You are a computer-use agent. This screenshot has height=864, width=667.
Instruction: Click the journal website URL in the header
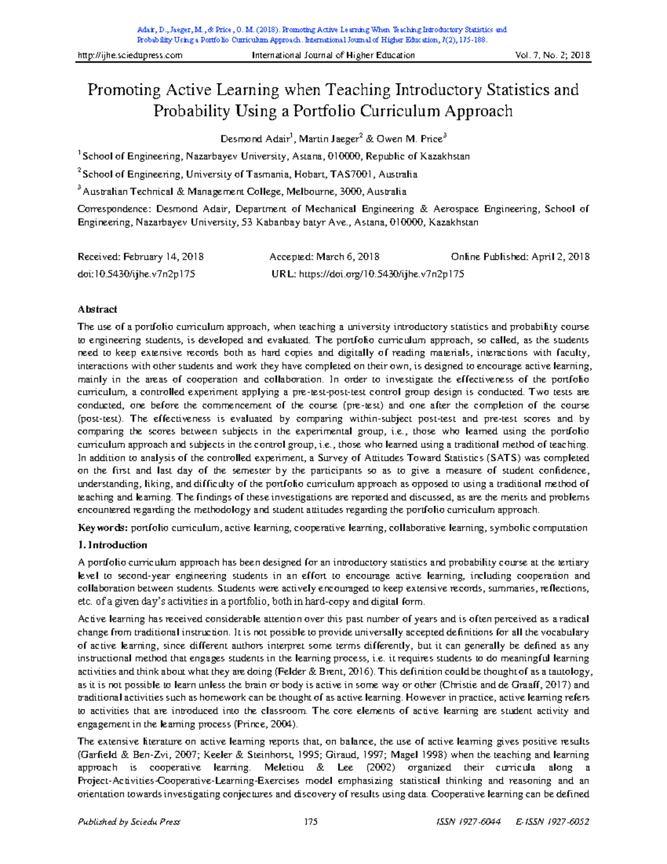pos(130,55)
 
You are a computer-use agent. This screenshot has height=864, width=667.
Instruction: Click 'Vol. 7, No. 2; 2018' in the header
pos(553,55)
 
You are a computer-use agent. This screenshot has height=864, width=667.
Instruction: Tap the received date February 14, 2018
pos(163,257)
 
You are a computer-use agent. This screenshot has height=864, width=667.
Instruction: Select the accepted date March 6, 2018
pos(348,257)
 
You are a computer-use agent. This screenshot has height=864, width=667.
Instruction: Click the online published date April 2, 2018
pos(560,257)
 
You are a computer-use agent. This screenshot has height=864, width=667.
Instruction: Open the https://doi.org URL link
pos(381,274)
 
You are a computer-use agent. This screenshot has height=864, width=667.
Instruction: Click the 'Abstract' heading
pos(97,309)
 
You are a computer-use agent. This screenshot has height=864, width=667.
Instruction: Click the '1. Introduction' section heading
pos(113,545)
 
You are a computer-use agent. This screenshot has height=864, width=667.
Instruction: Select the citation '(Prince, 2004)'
pos(266,724)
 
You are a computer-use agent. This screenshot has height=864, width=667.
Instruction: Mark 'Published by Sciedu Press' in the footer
pos(129,822)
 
